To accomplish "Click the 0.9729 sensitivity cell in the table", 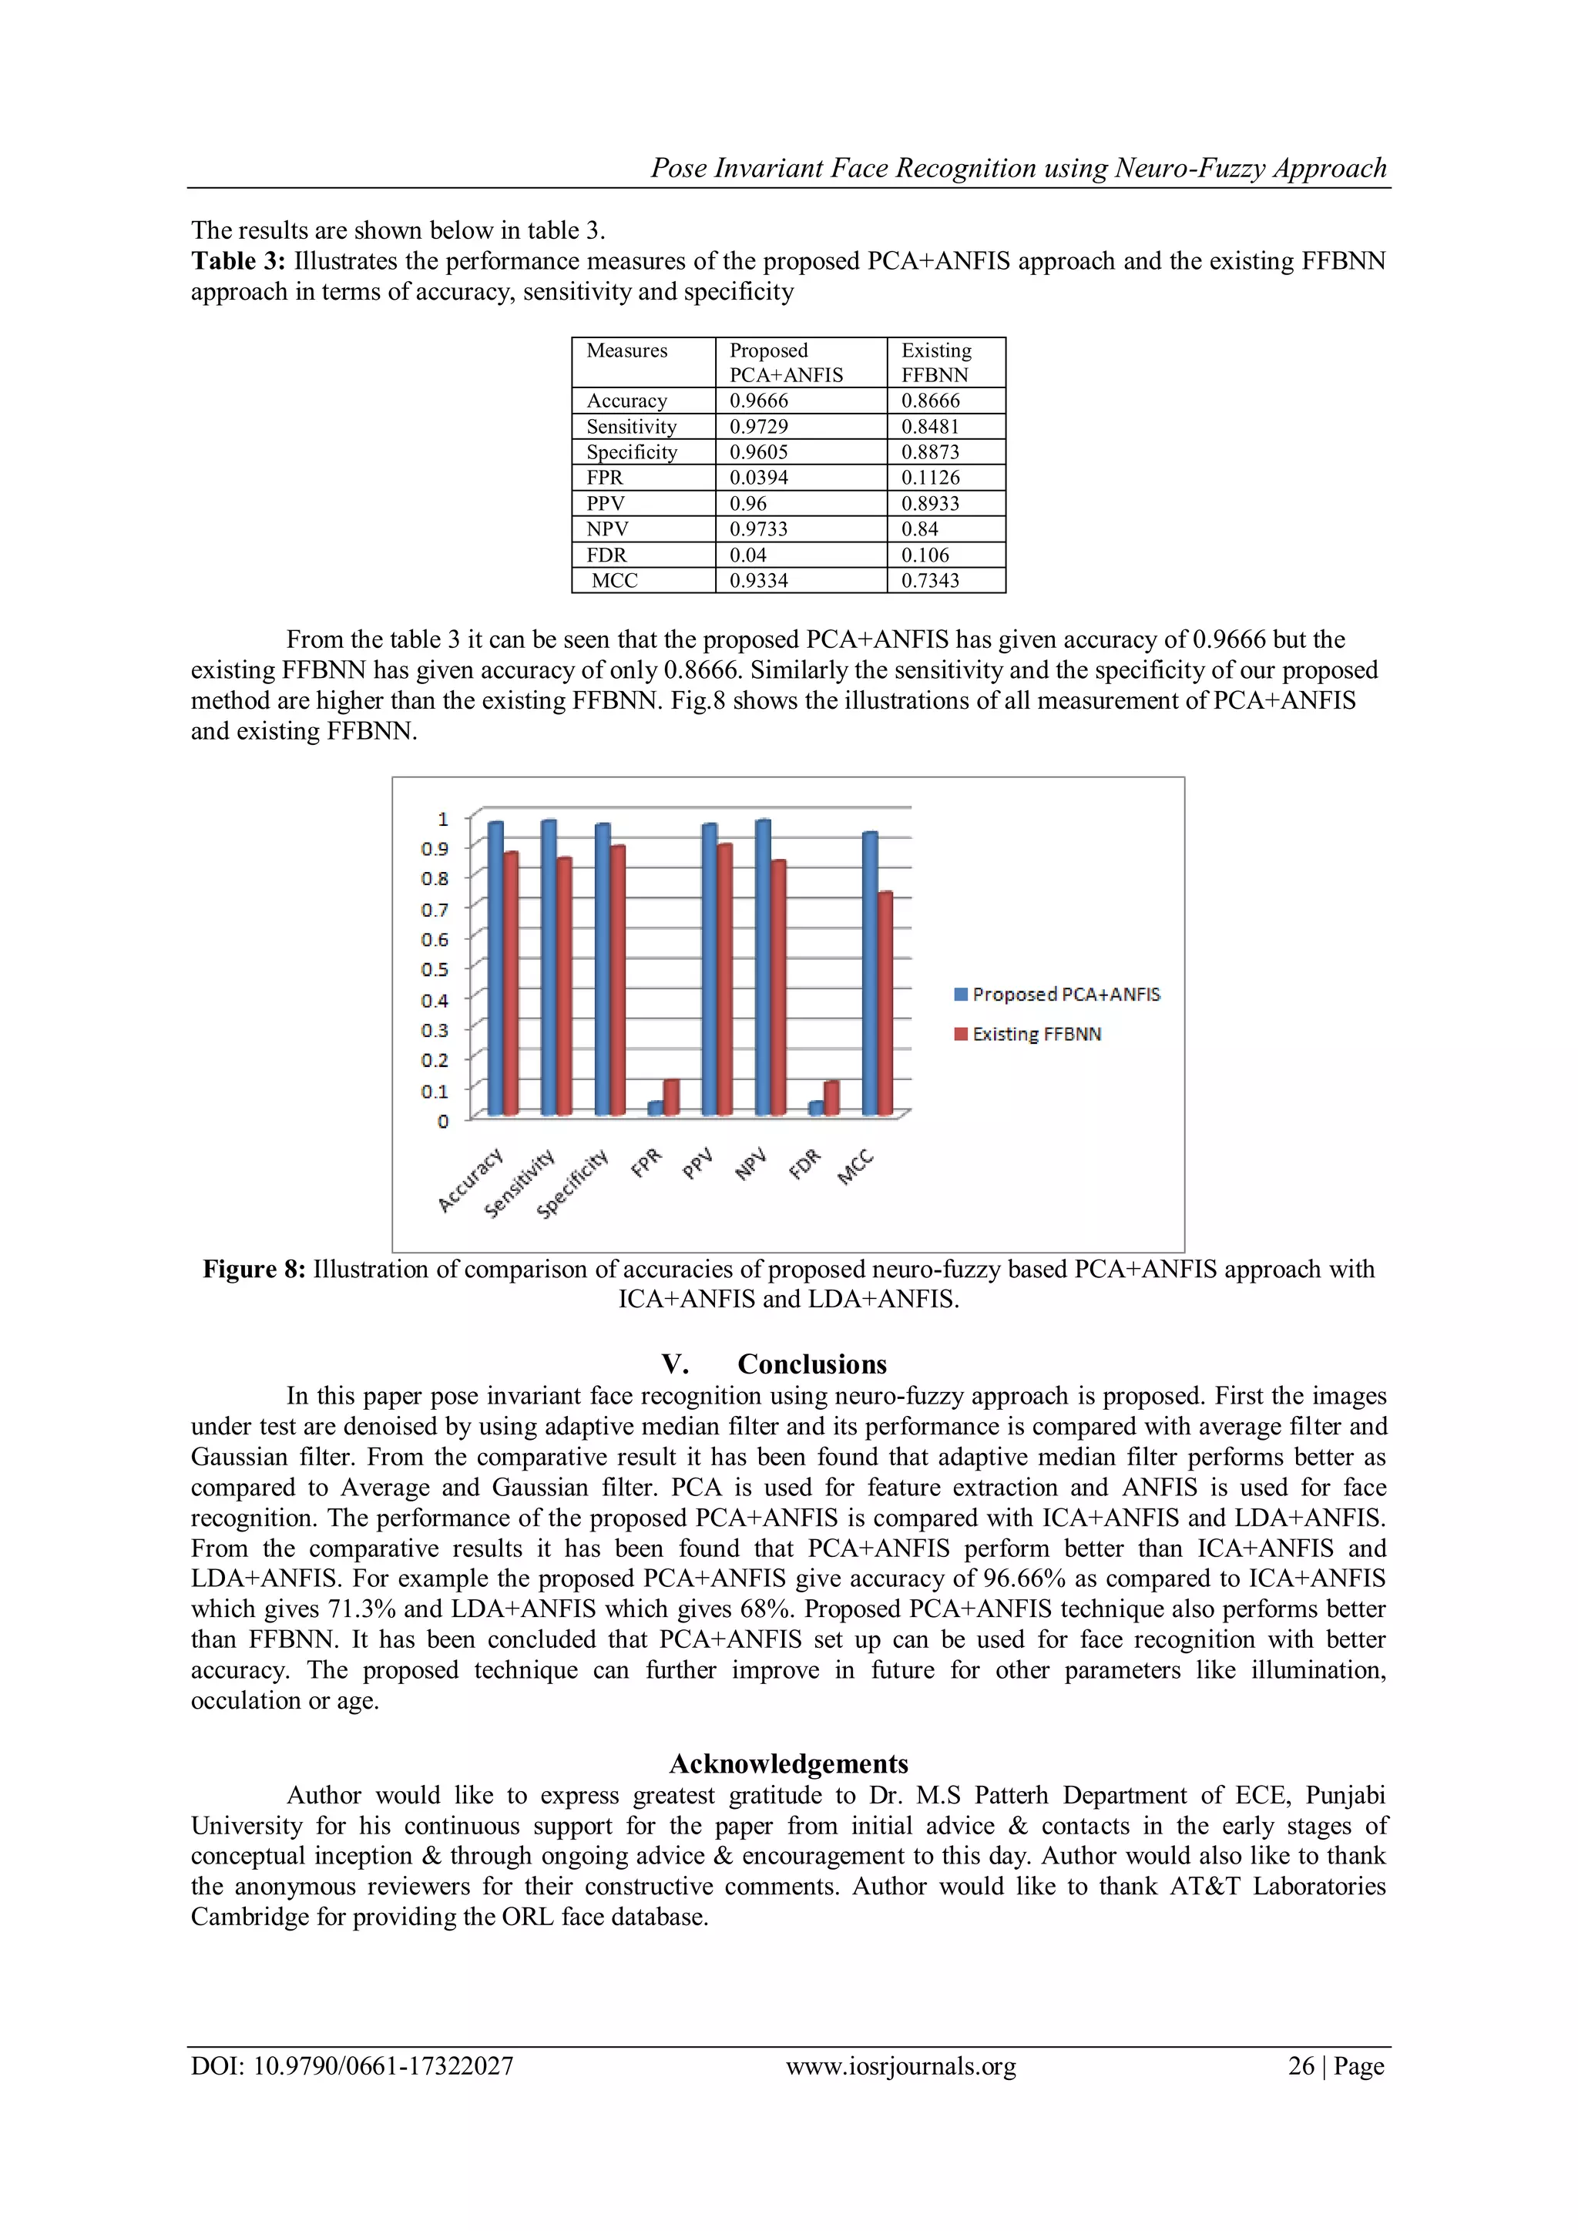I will tap(759, 427).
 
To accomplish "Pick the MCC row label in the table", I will tap(615, 581).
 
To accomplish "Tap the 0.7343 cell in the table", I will tap(930, 581).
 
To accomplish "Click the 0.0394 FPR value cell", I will tap(759, 478).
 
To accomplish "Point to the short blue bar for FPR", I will tap(655, 1108).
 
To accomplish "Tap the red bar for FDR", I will tap(831, 1097).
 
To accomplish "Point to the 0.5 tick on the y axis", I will tap(435, 970).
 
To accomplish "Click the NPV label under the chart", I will tap(750, 1163).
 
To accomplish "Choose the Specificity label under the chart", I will tap(572, 1183).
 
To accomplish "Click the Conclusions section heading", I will tap(811, 1364).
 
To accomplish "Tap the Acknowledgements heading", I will tap(789, 1763).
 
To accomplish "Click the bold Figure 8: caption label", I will tap(253, 1269).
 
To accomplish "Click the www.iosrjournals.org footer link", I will tap(901, 2066).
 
